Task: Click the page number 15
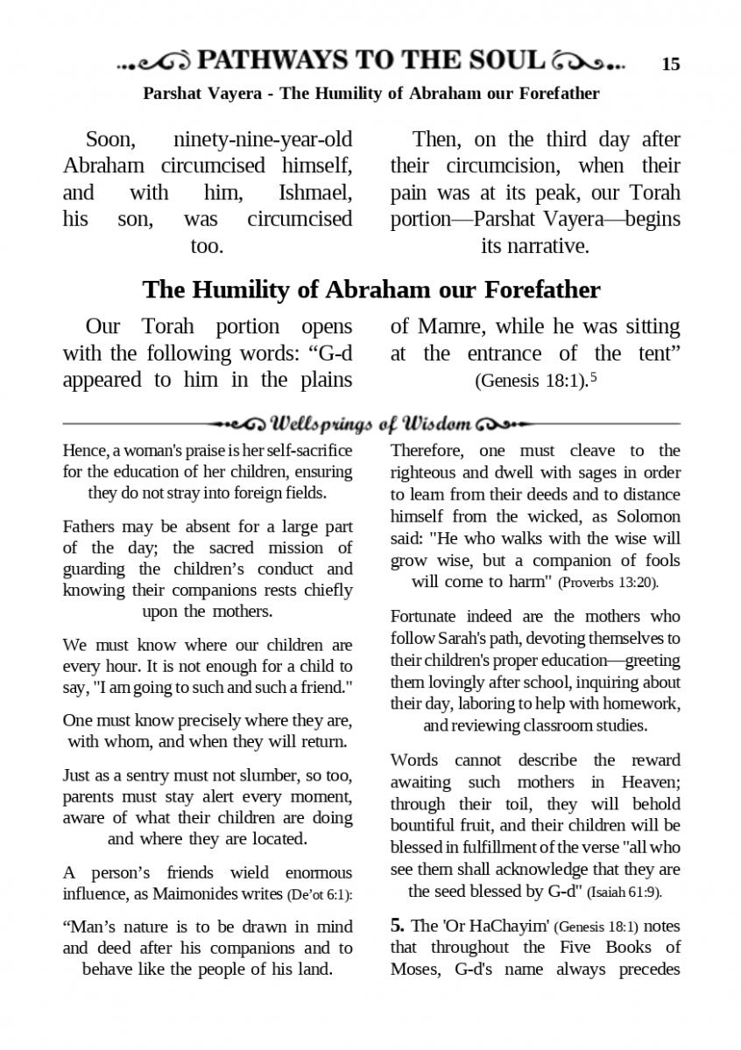671,64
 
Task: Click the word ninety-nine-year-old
263,139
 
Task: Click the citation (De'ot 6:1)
319,894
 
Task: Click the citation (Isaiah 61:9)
624,892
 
